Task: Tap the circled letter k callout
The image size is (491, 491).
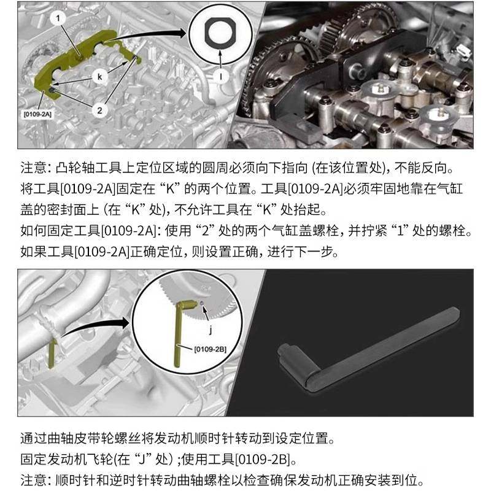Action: tap(98, 76)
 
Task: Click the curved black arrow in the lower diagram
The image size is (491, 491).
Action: tap(92, 326)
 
